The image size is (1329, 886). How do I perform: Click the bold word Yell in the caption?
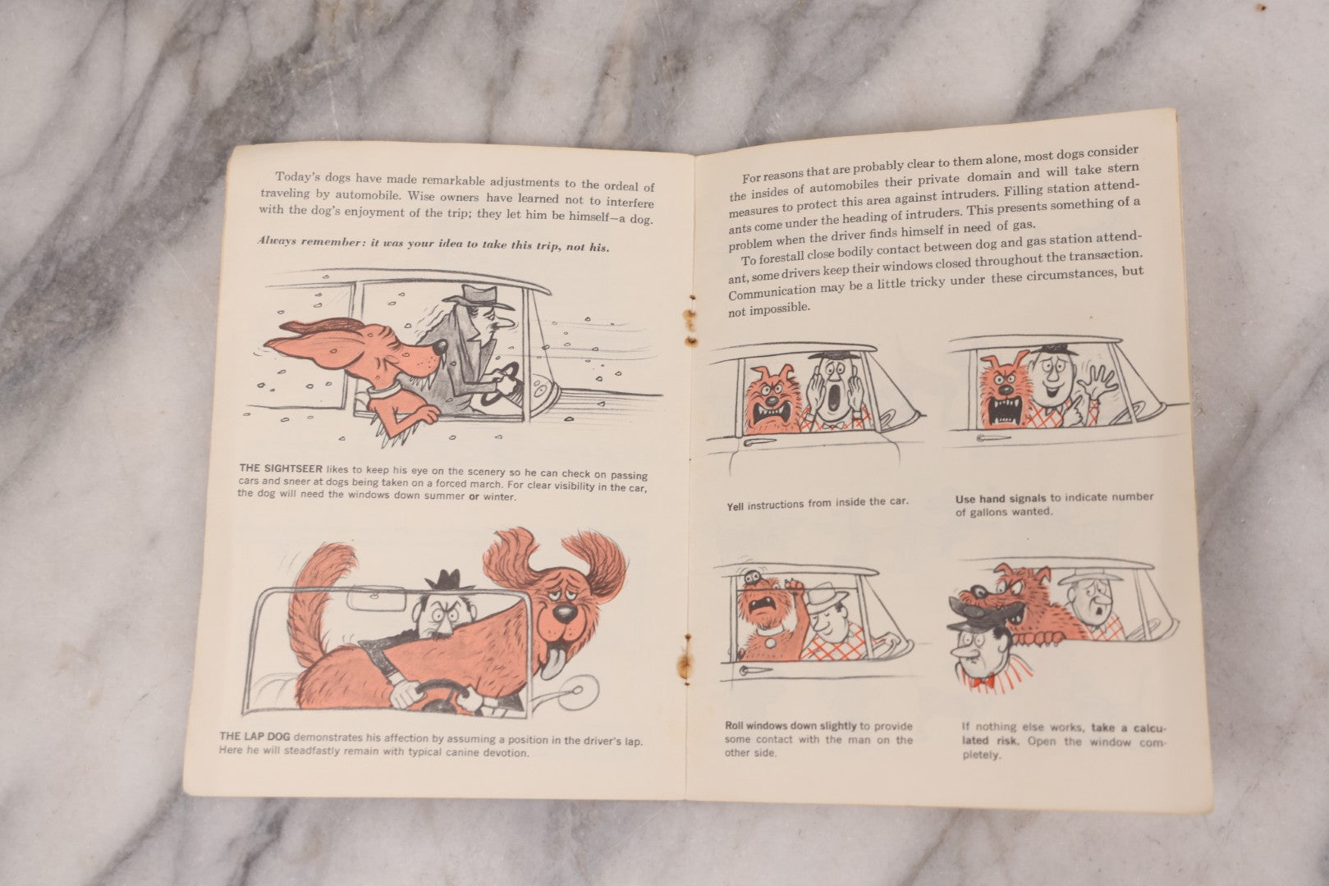click(736, 505)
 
